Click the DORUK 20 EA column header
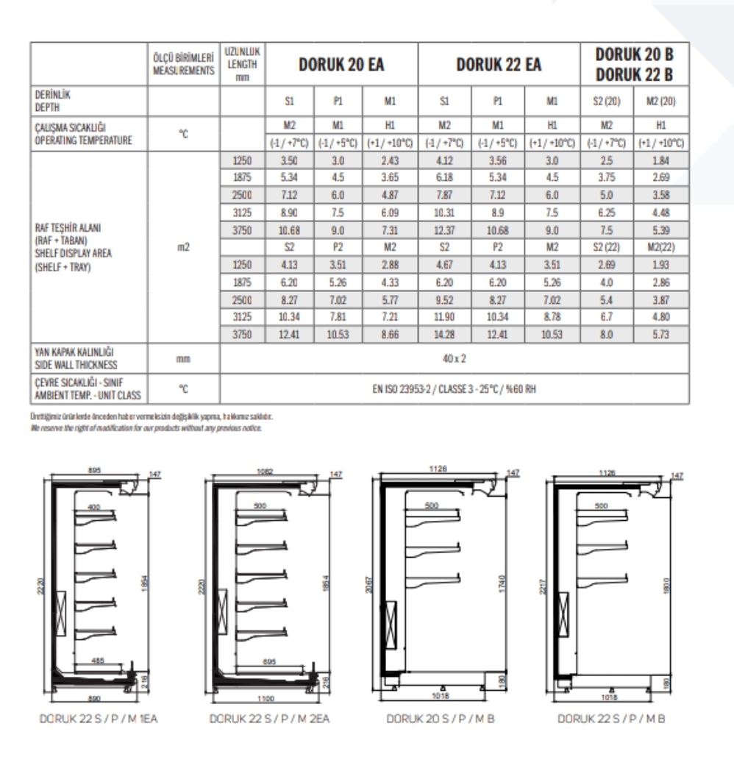[341, 65]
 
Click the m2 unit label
[184, 247]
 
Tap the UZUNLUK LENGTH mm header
[243, 65]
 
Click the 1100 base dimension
[266, 698]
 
